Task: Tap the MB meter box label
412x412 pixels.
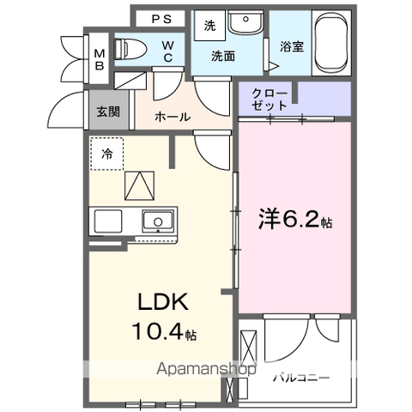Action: [x=100, y=58]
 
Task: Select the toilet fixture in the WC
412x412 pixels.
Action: [x=129, y=49]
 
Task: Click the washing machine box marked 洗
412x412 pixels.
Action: [x=209, y=26]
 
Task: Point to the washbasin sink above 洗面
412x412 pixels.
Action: [x=245, y=22]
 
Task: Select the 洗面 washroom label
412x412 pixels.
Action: [x=226, y=56]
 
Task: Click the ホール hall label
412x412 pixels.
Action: [x=173, y=118]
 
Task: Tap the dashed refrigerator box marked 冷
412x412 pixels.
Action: [x=107, y=154]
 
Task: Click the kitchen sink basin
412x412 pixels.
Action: [x=157, y=221]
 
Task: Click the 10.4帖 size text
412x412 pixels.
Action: [x=162, y=330]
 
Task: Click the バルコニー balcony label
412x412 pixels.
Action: [x=300, y=376]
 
